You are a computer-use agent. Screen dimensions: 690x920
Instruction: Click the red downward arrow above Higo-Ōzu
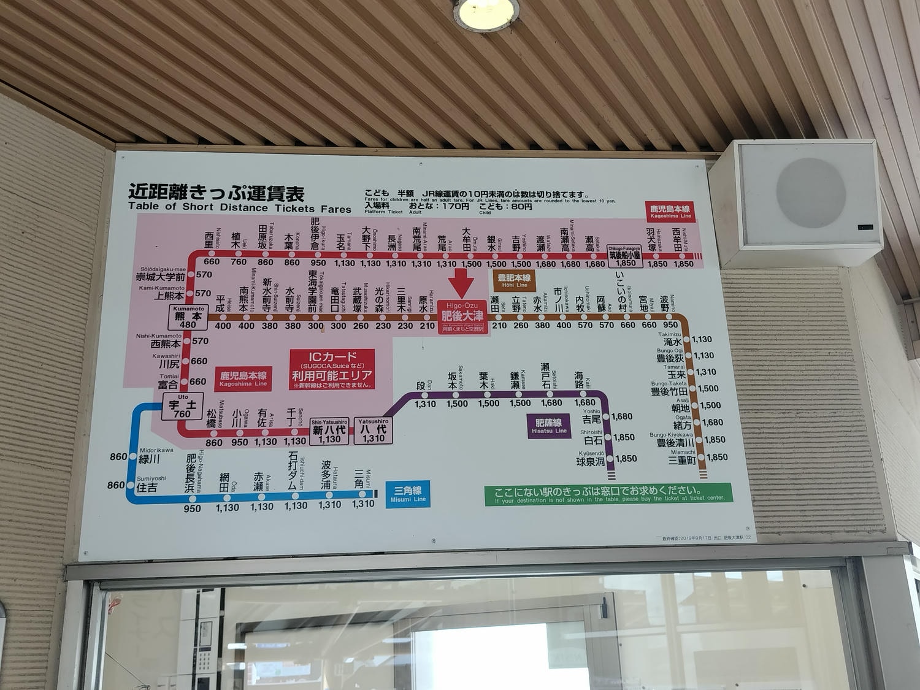tap(461, 284)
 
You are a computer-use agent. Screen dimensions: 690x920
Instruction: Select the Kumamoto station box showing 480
tap(188, 318)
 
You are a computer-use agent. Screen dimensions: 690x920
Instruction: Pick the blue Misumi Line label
tap(408, 494)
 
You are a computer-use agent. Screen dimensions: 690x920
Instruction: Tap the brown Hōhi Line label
tap(515, 281)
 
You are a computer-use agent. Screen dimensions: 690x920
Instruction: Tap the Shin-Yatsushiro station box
tap(329, 431)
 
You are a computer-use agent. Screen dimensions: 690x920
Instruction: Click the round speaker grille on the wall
tap(810, 193)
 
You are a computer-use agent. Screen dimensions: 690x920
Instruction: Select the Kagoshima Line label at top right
tap(670, 212)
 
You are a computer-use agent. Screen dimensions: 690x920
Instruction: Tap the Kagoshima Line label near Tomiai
tap(243, 378)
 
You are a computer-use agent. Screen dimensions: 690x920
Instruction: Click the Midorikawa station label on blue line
tap(150, 457)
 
